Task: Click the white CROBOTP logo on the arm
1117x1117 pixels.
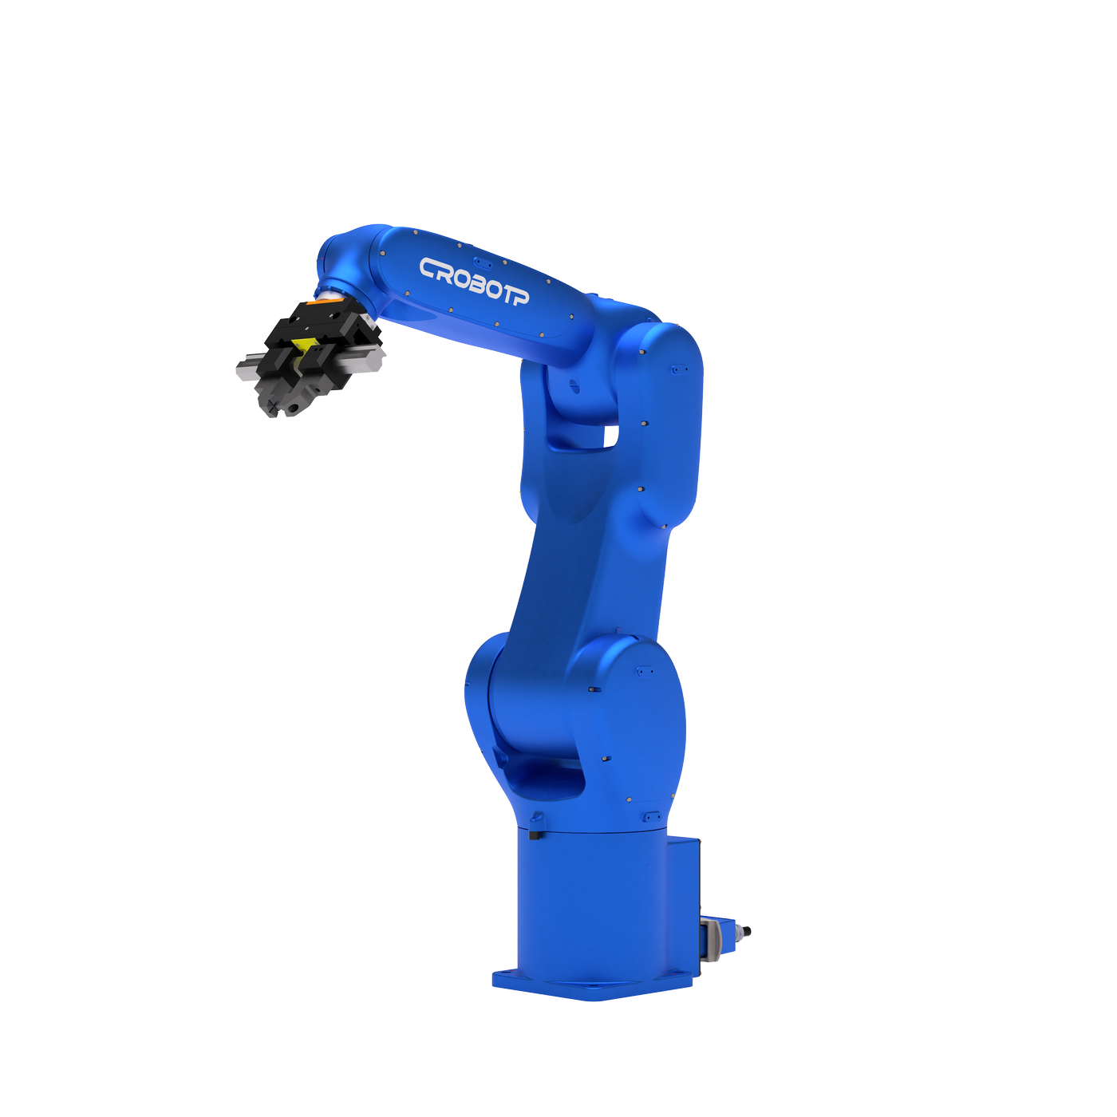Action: (x=474, y=281)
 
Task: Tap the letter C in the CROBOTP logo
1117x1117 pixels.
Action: (x=429, y=268)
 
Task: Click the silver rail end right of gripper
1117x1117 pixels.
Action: (x=373, y=359)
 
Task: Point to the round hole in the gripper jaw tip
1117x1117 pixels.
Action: (x=294, y=409)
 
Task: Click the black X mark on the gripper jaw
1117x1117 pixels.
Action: (x=272, y=404)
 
